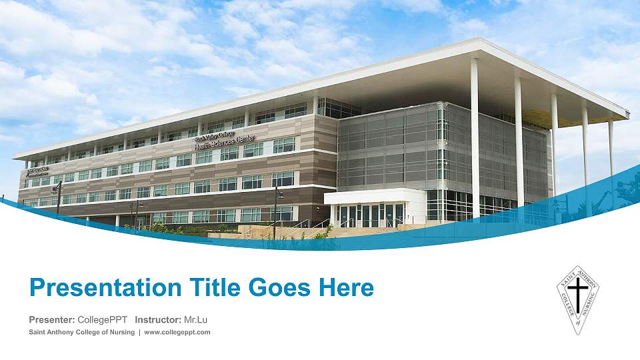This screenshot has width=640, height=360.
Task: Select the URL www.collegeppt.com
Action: (x=177, y=332)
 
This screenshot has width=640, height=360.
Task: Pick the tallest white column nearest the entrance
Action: (x=475, y=133)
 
